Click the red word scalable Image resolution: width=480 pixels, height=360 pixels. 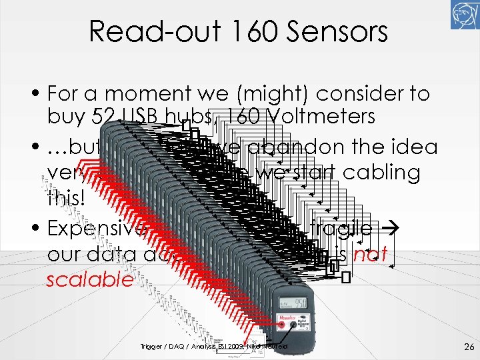[90, 279]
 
